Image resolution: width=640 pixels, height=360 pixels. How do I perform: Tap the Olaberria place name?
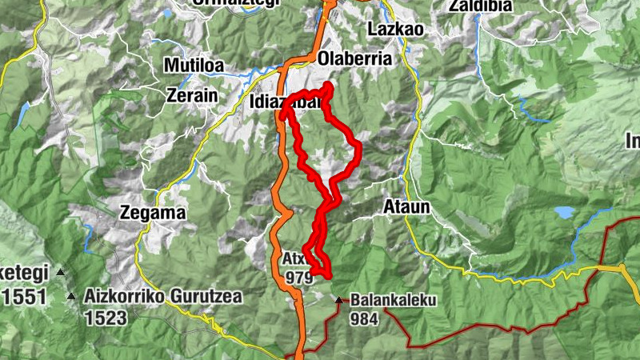pyautogui.click(x=355, y=59)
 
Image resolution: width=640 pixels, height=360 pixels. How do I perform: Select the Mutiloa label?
pyautogui.click(x=195, y=65)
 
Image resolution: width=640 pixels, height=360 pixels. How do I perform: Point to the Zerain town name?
pyautogui.click(x=192, y=94)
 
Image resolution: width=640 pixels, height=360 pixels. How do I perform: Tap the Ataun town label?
pyautogui.click(x=407, y=207)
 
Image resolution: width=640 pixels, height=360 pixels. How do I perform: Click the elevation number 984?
pyautogui.click(x=364, y=318)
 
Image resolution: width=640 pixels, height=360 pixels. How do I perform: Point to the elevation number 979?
pyautogui.click(x=297, y=277)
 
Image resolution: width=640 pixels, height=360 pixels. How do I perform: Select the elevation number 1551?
pyautogui.click(x=24, y=298)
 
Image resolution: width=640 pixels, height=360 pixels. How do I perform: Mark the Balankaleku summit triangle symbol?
pyautogui.click(x=338, y=301)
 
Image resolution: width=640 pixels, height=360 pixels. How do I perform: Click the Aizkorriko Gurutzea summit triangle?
pyautogui.click(x=72, y=297)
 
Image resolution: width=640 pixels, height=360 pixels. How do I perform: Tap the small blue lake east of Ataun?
pyautogui.click(x=565, y=212)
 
